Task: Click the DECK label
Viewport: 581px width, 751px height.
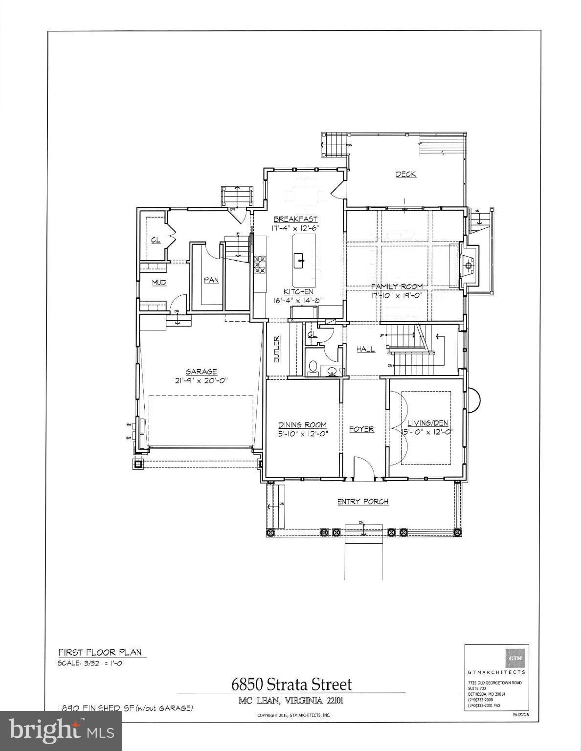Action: (x=405, y=174)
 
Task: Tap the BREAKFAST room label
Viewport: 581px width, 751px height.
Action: (x=295, y=220)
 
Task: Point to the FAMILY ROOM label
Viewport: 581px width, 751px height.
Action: (x=396, y=287)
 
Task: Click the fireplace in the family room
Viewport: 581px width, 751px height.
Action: (x=468, y=266)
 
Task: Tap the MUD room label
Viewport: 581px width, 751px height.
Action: (x=159, y=283)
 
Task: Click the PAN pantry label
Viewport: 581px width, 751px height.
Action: (x=211, y=280)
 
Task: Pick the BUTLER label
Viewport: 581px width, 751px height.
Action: (x=276, y=349)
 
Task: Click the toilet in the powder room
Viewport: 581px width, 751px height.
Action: (x=313, y=367)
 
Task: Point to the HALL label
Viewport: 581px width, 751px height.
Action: (x=365, y=349)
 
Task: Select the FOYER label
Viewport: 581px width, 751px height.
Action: (x=361, y=429)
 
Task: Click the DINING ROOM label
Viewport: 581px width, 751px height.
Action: (x=302, y=425)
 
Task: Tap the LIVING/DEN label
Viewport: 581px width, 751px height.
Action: (x=427, y=423)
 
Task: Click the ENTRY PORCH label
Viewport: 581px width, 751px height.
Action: (x=362, y=502)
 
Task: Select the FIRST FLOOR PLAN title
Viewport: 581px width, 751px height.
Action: (x=100, y=652)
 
